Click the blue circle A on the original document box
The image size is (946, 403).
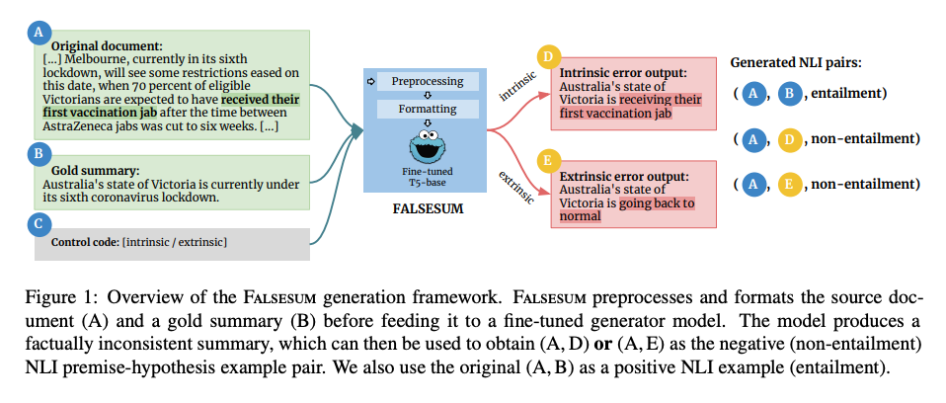39,32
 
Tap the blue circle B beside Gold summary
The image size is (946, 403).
39,153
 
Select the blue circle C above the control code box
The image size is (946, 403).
39,223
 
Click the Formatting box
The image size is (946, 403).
428,108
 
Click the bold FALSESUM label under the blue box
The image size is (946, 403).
428,209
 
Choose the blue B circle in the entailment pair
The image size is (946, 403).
790,93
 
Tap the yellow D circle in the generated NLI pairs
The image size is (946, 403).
790,139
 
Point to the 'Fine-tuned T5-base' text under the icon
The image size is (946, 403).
428,178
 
